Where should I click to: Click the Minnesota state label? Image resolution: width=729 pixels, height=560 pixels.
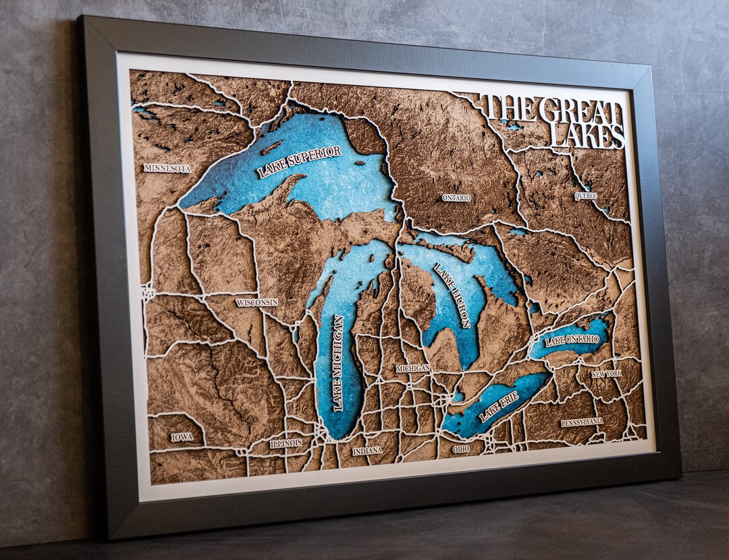(167, 168)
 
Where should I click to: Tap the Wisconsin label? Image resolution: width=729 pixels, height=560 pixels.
(256, 303)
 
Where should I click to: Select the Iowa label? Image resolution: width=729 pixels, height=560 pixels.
(182, 437)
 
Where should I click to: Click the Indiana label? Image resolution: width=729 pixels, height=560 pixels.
(367, 450)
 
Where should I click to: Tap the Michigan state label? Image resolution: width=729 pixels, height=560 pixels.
(412, 368)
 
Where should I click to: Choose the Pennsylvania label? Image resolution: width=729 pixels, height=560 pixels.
(582, 422)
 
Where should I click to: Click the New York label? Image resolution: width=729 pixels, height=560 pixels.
(606, 374)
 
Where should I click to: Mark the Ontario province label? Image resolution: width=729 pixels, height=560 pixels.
(456, 198)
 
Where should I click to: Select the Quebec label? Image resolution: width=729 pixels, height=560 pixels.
(585, 196)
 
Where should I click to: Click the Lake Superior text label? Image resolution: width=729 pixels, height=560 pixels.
(299, 162)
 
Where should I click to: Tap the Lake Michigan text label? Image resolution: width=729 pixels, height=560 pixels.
(337, 362)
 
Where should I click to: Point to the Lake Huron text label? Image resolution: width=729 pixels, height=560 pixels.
(452, 295)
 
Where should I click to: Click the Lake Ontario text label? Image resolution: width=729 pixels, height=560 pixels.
(572, 339)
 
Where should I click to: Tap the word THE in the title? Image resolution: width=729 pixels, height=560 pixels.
(510, 109)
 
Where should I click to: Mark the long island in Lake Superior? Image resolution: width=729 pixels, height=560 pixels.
(272, 148)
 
